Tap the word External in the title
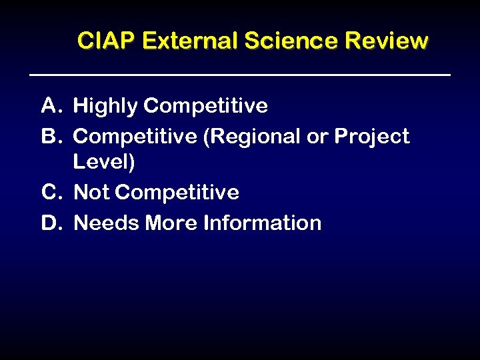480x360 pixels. (190, 41)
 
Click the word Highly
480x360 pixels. (105, 106)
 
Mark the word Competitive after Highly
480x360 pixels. (205, 106)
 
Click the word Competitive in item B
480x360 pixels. (135, 137)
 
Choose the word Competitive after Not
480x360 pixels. (177, 193)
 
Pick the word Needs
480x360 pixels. (103, 223)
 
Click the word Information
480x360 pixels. (262, 223)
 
